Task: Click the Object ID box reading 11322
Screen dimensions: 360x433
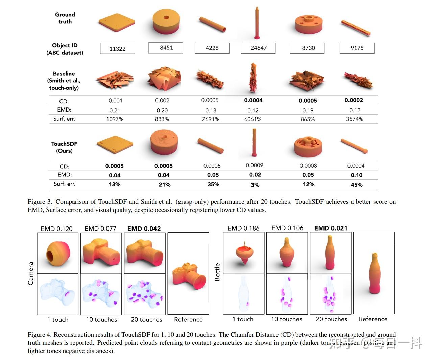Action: (x=117, y=48)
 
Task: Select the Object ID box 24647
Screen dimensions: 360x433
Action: (x=258, y=48)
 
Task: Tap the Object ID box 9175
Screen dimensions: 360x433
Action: (x=357, y=48)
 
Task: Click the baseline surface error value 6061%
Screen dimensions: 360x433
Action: (x=253, y=119)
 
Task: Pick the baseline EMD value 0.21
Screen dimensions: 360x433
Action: (x=115, y=110)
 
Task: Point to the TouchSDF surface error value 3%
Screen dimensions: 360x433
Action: (x=255, y=185)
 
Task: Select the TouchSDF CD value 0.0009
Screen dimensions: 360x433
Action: (x=255, y=165)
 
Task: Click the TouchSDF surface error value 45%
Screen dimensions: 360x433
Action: (x=356, y=185)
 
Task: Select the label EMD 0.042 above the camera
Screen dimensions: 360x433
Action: (x=144, y=229)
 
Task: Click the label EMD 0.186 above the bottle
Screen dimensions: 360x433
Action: (x=243, y=228)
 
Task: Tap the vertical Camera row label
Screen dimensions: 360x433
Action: (x=31, y=273)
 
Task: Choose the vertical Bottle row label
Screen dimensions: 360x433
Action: (x=217, y=272)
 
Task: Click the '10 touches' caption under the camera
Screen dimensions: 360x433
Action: (x=101, y=319)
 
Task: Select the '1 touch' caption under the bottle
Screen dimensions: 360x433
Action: (x=243, y=319)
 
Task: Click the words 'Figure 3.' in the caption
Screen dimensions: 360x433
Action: (x=40, y=202)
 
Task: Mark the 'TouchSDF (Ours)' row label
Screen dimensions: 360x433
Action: (x=64, y=147)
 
